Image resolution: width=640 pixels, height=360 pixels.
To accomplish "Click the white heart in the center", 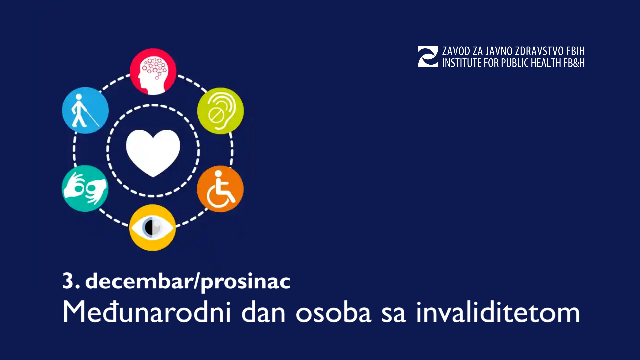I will coord(153,152).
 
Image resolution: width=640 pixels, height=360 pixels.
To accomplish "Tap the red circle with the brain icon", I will coord(153,71).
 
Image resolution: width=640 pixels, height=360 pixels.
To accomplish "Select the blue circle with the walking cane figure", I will coord(85,110).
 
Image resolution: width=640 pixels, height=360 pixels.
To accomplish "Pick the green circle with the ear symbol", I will coord(220,111).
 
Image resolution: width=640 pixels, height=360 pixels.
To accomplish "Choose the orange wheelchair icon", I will coord(220,189).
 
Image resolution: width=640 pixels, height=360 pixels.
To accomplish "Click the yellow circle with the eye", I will coord(152,228).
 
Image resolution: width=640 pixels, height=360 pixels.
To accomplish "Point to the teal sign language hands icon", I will coord(85,188).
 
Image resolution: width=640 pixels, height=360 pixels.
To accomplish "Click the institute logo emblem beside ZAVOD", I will coord(428,57).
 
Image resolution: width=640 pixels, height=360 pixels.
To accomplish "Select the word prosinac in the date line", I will coord(246,282).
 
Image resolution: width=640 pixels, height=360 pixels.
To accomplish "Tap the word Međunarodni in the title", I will coord(146,312).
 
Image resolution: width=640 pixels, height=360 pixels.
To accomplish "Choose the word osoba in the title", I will coord(333,313).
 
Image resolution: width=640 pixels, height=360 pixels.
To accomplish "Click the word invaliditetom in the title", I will coord(498,312).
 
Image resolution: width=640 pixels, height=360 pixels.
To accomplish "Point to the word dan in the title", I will coord(263,312).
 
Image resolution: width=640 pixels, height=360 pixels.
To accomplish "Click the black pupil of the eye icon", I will coord(149,228).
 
